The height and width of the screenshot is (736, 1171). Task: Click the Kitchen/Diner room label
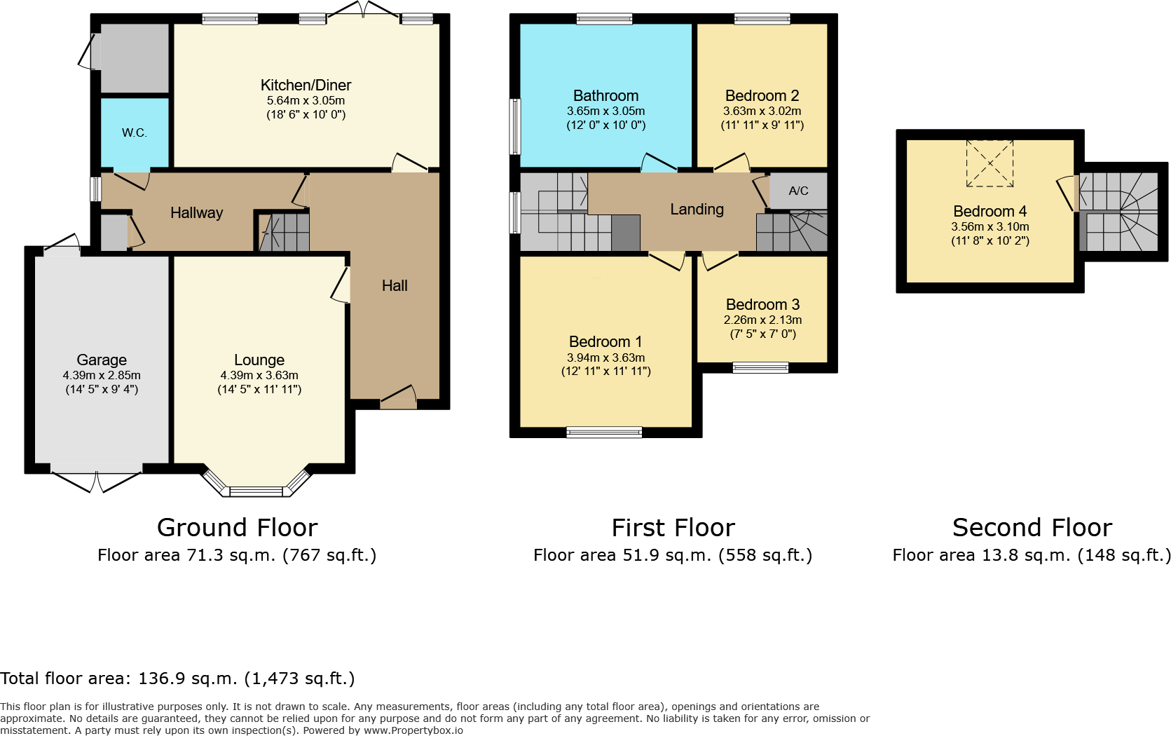(x=306, y=86)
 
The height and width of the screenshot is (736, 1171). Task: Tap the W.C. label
(x=134, y=132)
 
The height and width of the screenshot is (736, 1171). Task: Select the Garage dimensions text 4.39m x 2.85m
(x=102, y=375)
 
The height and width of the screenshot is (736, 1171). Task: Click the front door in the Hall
(x=398, y=400)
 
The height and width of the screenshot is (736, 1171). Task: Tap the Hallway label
(x=196, y=213)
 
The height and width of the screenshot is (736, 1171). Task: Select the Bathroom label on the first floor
(x=605, y=96)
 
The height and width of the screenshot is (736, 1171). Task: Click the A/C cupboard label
(x=798, y=191)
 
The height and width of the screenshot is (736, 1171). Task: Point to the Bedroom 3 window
(x=760, y=367)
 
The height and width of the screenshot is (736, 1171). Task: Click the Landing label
(x=697, y=210)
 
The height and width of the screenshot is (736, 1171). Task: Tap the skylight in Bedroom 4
(x=989, y=163)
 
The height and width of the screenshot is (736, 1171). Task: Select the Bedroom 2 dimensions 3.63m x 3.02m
(x=762, y=111)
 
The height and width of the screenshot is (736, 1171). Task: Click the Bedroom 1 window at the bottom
(x=604, y=432)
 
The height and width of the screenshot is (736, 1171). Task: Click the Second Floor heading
(x=1032, y=527)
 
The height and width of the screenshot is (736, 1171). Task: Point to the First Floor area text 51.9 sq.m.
(x=673, y=555)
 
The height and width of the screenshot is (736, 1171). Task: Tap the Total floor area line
(x=177, y=679)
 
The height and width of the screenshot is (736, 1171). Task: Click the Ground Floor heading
(x=237, y=527)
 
